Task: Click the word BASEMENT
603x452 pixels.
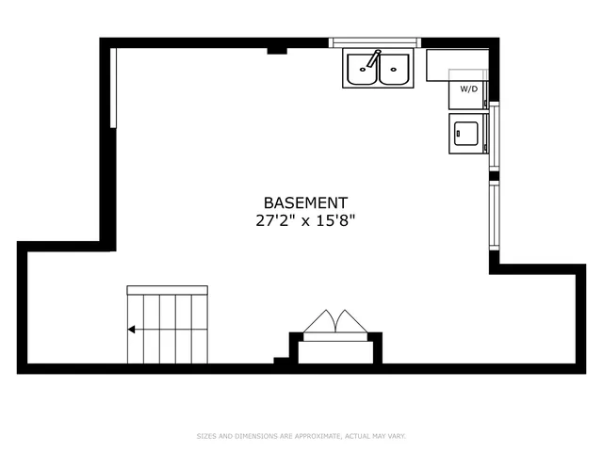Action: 305,202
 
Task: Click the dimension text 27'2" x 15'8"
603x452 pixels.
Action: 305,221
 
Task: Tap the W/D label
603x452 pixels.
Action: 468,89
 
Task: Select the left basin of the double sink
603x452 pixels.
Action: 362,71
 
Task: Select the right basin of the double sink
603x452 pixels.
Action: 394,71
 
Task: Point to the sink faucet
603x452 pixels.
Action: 375,58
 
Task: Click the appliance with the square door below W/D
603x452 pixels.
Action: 466,132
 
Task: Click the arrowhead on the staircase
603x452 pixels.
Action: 132,330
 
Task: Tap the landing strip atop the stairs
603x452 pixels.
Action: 166,288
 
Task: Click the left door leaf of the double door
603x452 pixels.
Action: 318,322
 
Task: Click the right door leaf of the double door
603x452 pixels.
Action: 350,322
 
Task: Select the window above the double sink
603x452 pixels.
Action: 375,42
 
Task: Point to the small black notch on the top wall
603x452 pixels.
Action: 277,50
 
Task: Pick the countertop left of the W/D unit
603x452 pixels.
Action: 444,65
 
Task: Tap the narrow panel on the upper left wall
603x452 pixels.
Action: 113,87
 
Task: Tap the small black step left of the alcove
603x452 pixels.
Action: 282,360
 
